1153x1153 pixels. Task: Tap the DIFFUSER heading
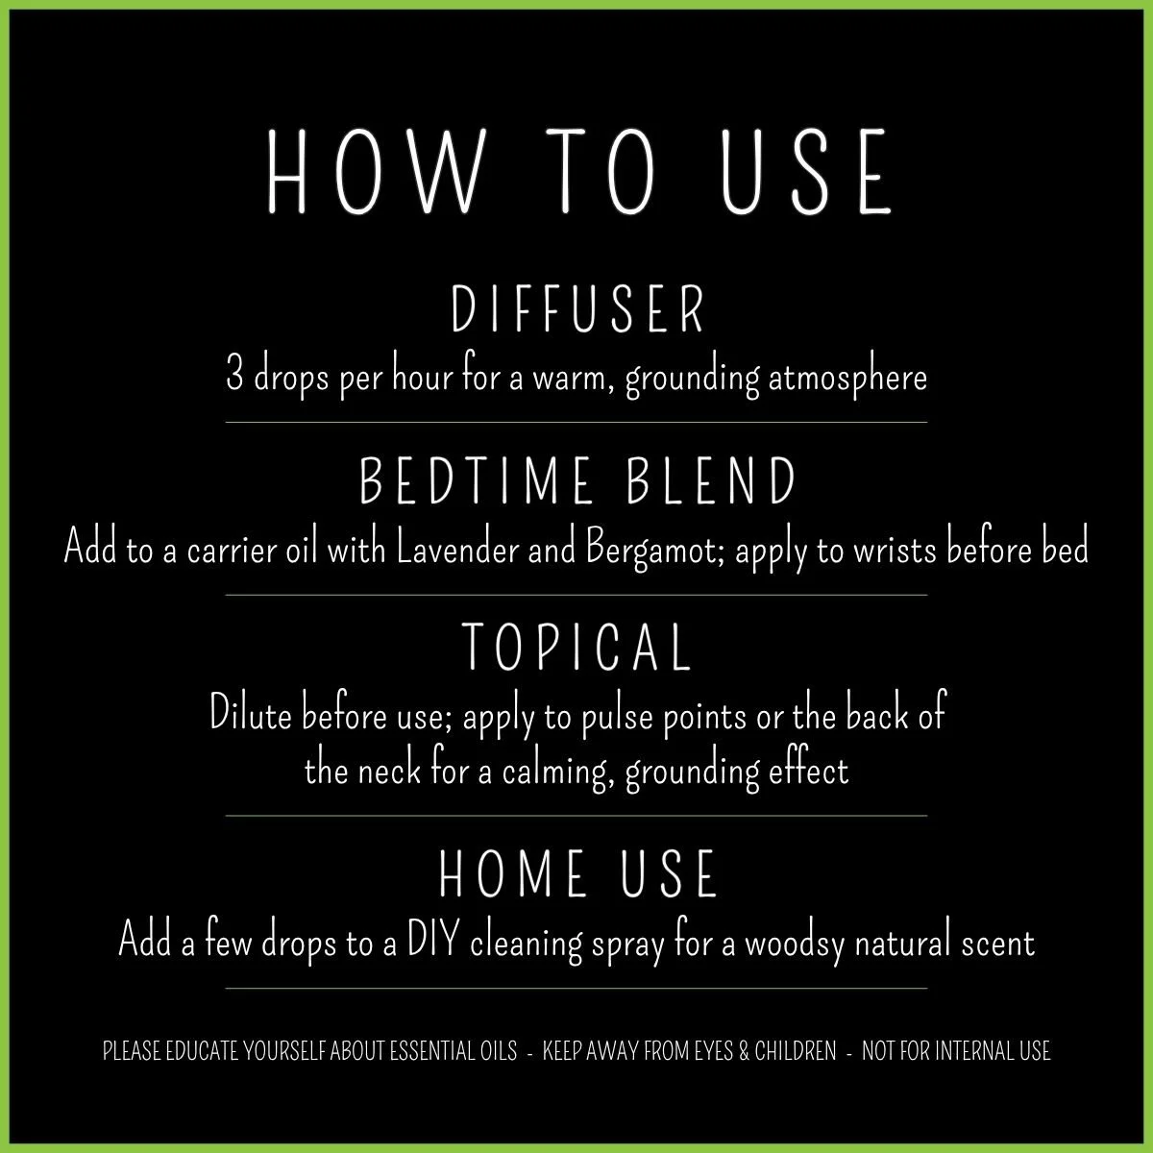click(x=577, y=309)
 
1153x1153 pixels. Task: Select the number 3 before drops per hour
click(x=233, y=376)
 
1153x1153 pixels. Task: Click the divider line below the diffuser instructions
click(x=576, y=422)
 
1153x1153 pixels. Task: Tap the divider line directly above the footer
click(x=576, y=988)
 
